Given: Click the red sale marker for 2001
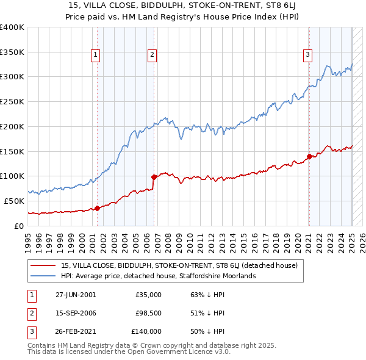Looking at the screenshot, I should pos(97,209).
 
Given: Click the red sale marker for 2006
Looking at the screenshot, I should pos(154,177).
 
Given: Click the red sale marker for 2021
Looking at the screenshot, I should pos(309,156).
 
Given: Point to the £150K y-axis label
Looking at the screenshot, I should pos(12,151).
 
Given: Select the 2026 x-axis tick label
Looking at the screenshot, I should pos(362,240).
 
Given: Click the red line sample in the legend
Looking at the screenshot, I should pos(43,265).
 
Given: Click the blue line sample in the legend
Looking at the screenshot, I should pos(43,276).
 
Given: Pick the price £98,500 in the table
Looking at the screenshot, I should pos(148,313).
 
